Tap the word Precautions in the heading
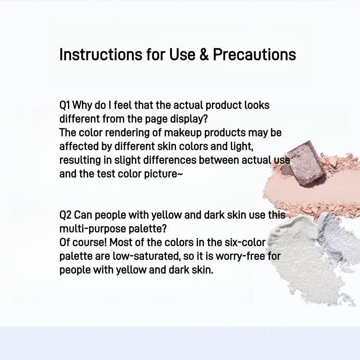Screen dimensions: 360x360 [254, 54]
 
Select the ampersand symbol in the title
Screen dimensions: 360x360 [203, 54]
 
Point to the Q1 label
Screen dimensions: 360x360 [64, 105]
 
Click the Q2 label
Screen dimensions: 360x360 [65, 215]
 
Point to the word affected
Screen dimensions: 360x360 [77, 147]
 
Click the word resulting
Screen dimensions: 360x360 [78, 160]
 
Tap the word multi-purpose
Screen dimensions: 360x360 [89, 229]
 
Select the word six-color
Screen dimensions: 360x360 [245, 242]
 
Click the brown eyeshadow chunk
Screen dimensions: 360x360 [304, 162]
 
